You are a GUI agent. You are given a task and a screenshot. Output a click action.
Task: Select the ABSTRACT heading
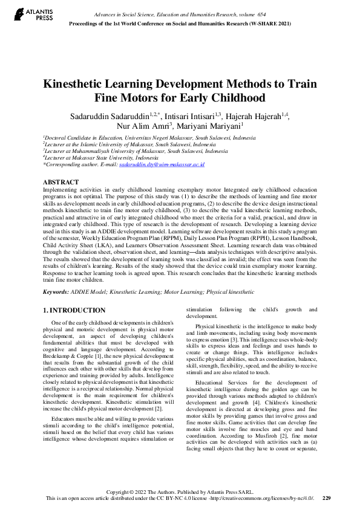tap(61, 182)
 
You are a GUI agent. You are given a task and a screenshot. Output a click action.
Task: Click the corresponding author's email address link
tap(162, 164)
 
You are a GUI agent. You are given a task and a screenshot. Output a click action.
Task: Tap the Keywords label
tap(56, 291)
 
